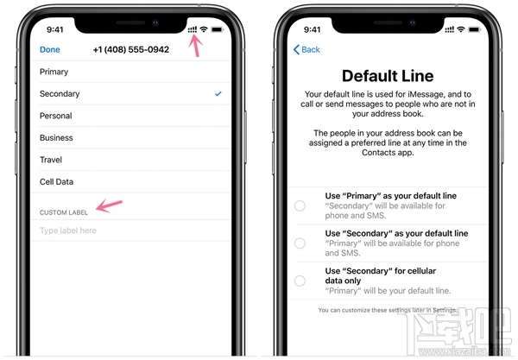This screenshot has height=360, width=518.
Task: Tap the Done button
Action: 50,50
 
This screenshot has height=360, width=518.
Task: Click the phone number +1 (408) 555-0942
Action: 131,50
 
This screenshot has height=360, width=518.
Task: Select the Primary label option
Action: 54,72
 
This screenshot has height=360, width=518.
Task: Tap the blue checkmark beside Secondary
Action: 218,93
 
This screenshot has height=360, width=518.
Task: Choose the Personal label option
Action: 56,116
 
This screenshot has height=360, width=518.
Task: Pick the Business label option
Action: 57,137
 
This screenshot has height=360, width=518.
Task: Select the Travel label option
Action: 52,160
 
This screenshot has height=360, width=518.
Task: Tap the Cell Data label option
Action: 57,181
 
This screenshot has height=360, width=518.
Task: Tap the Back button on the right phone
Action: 306,50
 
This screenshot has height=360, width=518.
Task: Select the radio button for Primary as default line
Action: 300,205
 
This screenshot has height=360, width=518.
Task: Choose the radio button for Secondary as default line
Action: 300,243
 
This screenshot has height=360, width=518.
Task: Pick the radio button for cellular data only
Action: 300,280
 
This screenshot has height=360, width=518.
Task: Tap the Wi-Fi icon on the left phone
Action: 204,29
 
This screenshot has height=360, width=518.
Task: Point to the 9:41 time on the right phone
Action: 310,29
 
